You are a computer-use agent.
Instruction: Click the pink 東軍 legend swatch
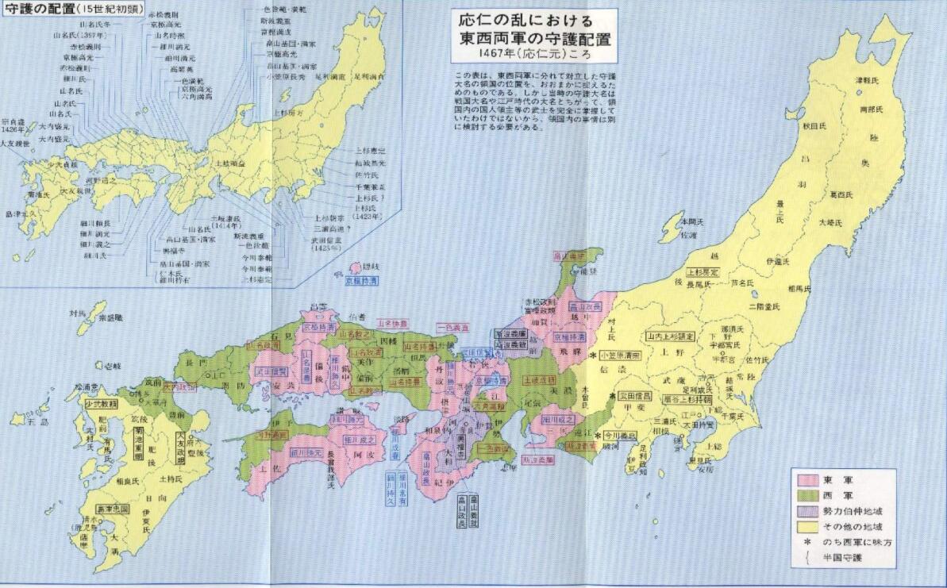pos(808,479)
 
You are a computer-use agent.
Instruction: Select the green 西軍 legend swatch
pos(808,495)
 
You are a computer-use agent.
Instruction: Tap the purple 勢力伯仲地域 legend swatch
pos(808,511)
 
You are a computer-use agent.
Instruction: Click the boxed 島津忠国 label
pos(112,508)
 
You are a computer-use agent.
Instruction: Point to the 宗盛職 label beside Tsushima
pos(111,318)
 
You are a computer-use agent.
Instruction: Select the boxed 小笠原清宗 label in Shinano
pos(620,355)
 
